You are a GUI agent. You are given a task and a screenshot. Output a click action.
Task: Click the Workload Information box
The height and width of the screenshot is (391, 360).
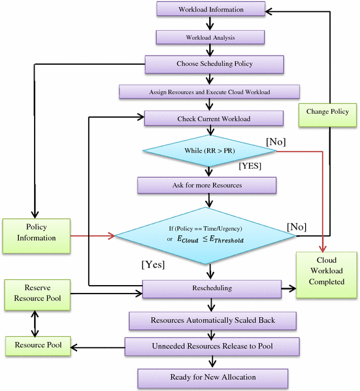pos(211,10)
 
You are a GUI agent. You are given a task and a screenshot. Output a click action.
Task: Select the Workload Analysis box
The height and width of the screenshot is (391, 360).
pos(210,37)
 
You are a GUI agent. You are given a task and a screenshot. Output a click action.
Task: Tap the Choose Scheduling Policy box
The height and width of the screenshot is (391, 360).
pos(214,64)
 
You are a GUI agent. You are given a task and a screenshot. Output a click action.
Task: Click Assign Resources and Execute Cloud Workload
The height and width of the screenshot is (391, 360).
pos(209,92)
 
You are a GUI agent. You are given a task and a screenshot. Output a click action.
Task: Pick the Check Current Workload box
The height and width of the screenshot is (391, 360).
pos(214,119)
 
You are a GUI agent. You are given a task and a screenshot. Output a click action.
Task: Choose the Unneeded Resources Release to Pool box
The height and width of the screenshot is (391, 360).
pos(212,346)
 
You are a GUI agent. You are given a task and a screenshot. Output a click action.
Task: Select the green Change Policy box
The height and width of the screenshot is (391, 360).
pos(327,112)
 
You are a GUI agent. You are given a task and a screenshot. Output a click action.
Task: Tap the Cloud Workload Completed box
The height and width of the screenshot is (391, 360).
pos(327,276)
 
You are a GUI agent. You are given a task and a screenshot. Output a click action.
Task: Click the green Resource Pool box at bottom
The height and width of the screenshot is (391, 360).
pos(37,347)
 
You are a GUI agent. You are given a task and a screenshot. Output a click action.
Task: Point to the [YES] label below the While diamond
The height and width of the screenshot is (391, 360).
pos(250,166)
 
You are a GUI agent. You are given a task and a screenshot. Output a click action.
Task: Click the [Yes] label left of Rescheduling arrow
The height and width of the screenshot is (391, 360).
pos(153,265)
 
